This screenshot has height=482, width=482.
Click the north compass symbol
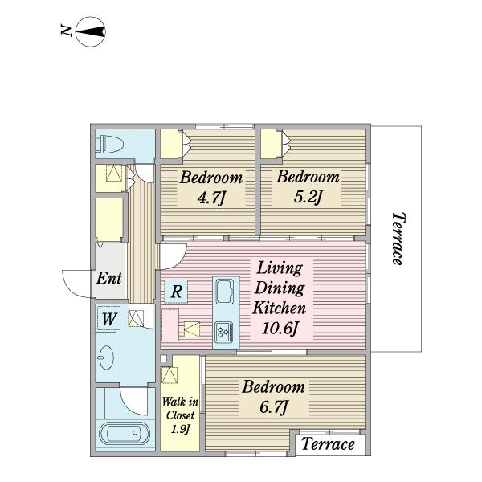90,31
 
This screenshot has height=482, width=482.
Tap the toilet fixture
109,144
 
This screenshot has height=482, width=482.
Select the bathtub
125,434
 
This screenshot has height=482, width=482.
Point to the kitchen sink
225,291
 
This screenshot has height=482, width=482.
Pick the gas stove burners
224,332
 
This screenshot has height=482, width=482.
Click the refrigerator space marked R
176,291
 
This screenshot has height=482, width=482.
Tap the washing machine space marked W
108,319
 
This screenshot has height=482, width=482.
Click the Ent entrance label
108,278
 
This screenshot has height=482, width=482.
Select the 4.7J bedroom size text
211,198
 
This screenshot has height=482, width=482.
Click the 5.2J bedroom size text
308,197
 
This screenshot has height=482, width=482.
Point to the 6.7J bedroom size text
274,407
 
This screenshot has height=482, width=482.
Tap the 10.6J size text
280,329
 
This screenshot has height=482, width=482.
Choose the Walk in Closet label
180,408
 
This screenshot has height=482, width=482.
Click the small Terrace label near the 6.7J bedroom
328,444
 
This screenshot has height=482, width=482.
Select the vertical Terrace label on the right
398,239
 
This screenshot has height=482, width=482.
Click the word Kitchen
280,308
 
